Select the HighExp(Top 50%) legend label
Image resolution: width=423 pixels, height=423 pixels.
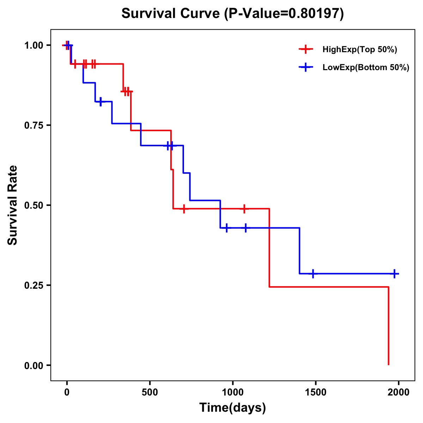[x=360, y=49]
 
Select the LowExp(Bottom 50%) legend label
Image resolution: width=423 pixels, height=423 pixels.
[x=366, y=68]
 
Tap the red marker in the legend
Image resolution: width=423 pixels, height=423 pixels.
[x=306, y=49]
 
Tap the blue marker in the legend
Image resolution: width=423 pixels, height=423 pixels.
[x=306, y=68]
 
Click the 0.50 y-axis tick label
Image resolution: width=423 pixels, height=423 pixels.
[x=34, y=205]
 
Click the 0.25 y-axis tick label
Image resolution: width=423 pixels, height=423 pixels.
[x=34, y=285]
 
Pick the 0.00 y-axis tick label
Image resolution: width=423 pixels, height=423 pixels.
[x=34, y=365]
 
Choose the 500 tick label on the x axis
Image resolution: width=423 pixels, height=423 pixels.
[x=150, y=392]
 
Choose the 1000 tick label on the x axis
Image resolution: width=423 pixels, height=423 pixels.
[x=232, y=392]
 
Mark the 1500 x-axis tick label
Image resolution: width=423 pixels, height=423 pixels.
[x=315, y=392]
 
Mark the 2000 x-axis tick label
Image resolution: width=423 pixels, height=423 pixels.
[x=398, y=392]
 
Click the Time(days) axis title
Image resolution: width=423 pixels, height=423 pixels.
[x=232, y=408]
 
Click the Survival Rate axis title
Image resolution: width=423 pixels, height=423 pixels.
[x=13, y=205]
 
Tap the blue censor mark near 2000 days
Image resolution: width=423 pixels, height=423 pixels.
[x=394, y=274]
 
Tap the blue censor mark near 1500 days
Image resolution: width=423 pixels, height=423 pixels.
[x=313, y=274]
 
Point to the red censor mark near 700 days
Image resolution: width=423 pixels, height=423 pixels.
[x=183, y=209]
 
